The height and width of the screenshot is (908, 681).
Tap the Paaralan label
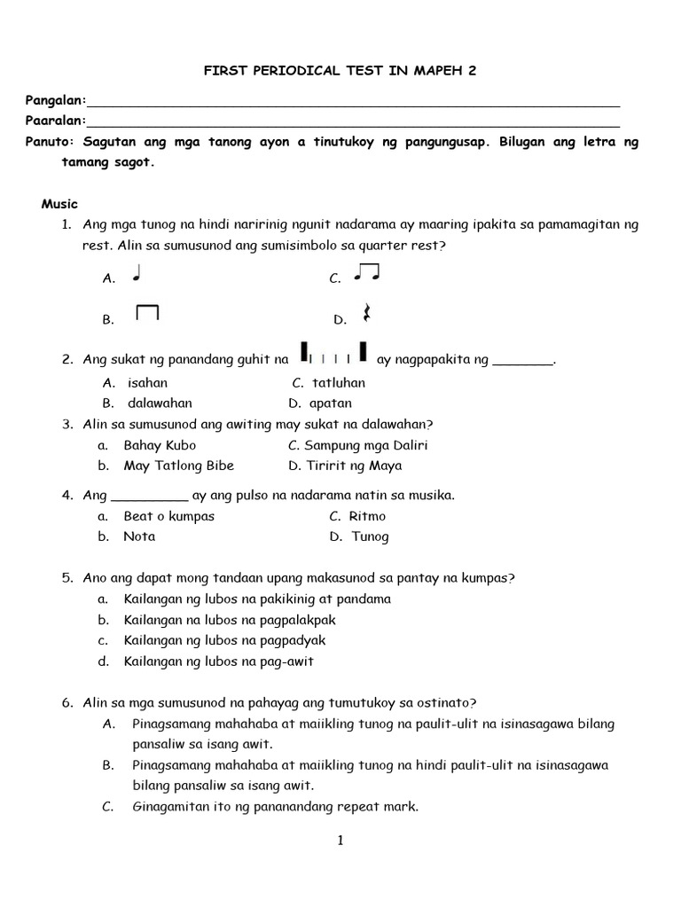point(54,121)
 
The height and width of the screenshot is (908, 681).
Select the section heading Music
point(59,204)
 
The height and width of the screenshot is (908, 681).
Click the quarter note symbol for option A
point(137,275)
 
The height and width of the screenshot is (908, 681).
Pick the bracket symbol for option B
point(147,314)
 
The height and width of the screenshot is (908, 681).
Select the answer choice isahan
point(147,383)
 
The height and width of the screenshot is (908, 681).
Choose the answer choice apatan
point(331,403)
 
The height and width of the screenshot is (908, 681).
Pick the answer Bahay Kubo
point(160,445)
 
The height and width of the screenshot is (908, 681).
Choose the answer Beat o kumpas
point(168,516)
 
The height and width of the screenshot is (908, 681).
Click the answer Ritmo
point(368,516)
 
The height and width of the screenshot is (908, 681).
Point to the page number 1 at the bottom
point(340,841)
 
